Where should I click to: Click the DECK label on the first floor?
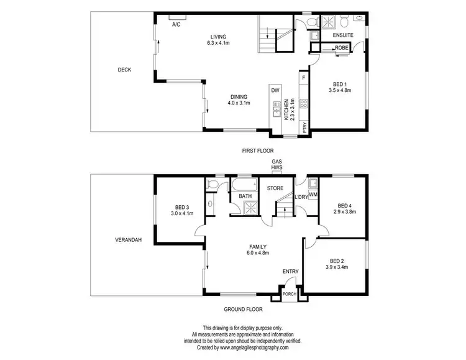click(x=124, y=70)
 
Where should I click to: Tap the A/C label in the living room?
click(x=176, y=24)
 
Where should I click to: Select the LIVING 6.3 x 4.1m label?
click(x=219, y=40)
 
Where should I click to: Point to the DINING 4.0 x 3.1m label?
click(x=239, y=100)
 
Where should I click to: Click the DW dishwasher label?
click(x=275, y=90)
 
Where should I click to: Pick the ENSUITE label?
click(x=343, y=36)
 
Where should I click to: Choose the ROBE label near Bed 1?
click(x=342, y=48)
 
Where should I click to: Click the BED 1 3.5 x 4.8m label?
click(x=340, y=87)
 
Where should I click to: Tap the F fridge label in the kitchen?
click(x=304, y=78)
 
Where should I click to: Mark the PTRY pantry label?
click(x=304, y=126)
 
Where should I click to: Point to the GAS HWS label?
click(x=276, y=164)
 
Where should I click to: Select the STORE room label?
click(x=275, y=187)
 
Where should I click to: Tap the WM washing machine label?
click(x=313, y=195)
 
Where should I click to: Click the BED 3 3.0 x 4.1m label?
click(x=182, y=210)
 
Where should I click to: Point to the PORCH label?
click(x=289, y=294)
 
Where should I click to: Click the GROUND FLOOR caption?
click(x=243, y=308)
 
